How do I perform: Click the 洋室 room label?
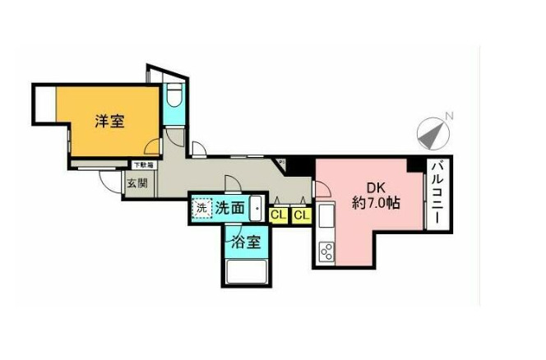(x=109, y=122)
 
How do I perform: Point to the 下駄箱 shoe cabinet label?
(x=142, y=166)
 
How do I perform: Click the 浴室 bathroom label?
(x=245, y=242)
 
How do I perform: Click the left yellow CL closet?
(x=279, y=215)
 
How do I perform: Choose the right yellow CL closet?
(x=302, y=215)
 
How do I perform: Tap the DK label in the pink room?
(x=363, y=186)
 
